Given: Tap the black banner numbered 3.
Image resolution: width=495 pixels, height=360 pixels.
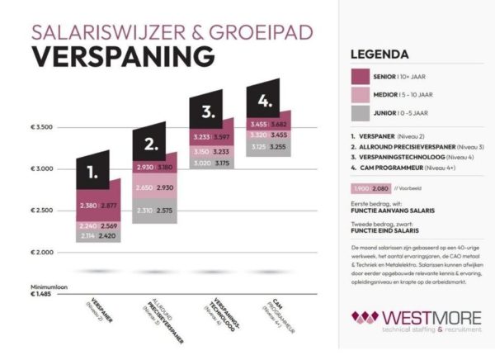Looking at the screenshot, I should pos(208,109).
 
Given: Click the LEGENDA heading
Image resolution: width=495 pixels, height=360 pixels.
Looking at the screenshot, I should pos(379,55).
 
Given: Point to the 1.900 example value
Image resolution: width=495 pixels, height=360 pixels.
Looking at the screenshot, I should pos(363,188).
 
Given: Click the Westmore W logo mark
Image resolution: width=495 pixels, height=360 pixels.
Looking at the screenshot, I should pos(365,318).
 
